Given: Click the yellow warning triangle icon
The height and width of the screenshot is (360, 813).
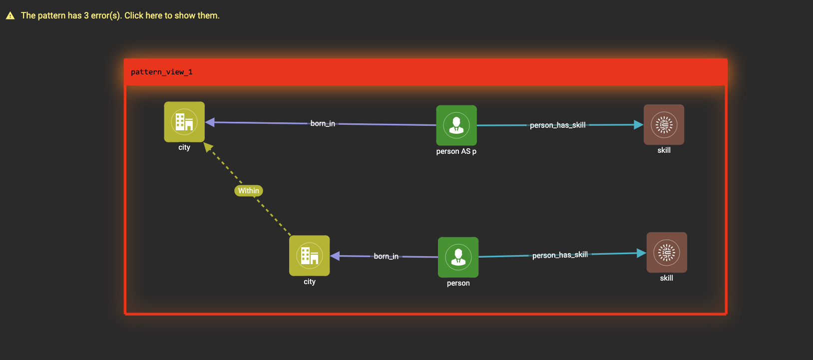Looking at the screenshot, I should coord(10,16).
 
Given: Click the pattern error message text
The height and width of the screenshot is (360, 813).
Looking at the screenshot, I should coord(120,15).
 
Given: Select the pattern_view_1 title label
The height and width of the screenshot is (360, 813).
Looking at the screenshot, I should coord(162,72).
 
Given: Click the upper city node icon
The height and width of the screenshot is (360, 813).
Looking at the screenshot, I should coord(184,122).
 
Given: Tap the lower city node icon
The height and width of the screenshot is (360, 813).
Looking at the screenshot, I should coord(310,256).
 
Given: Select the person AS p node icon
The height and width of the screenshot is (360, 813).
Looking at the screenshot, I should coord(456,125).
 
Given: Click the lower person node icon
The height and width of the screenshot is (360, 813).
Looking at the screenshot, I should coord(458,257).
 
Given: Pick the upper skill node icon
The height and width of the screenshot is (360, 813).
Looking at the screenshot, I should coord(664,125).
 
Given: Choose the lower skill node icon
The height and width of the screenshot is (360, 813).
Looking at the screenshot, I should coord(667,253).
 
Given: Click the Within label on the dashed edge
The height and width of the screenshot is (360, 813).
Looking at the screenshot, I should coord(249,191).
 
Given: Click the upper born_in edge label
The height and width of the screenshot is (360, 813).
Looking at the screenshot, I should coord(323,123).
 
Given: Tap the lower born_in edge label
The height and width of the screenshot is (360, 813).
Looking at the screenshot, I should coord(386,256).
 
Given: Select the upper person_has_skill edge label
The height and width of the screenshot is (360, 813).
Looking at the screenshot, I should coord(557,125).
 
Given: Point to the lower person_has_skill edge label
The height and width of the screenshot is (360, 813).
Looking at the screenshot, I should coord(560,255).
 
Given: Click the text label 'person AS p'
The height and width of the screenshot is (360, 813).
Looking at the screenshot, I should coord(456,151).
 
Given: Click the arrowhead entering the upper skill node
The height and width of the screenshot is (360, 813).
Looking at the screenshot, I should coord(638,125).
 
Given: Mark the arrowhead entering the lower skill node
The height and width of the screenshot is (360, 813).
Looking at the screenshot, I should coord(641,253).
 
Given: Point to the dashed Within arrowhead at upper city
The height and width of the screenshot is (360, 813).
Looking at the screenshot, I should coord(208,147).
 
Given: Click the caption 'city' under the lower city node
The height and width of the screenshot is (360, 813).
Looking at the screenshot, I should coord(310,282).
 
